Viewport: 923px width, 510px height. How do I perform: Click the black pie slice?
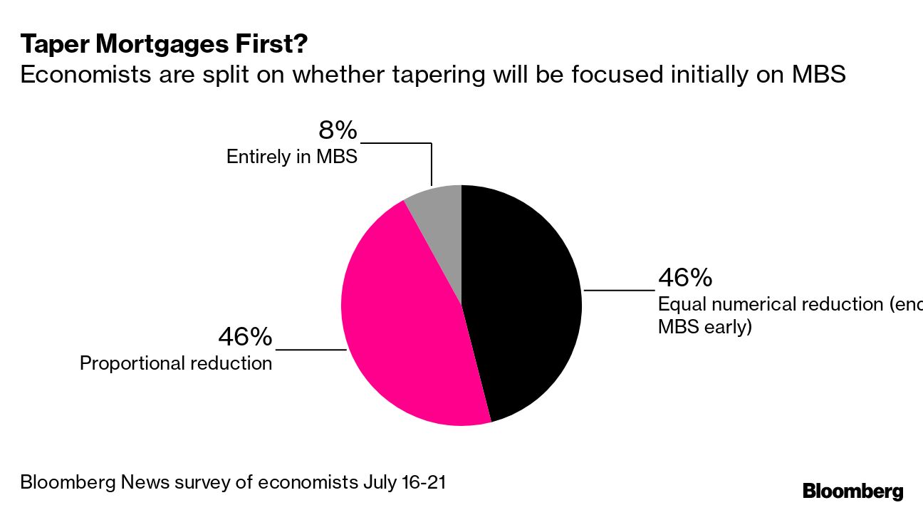[x=523, y=299]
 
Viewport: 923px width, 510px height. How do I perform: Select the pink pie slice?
[x=402, y=321]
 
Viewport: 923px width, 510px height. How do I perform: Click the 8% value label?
[x=336, y=131]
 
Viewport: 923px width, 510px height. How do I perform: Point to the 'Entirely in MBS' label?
[x=291, y=157]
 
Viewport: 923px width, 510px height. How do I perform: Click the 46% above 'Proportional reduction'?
[x=245, y=336]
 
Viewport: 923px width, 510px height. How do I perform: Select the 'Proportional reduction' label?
[x=176, y=363]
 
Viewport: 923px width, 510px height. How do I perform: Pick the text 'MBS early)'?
[x=704, y=328]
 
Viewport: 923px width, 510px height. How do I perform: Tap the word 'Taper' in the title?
[x=53, y=46]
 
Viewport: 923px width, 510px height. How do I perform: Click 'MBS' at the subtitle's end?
[x=818, y=75]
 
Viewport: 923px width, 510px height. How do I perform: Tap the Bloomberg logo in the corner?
[x=852, y=491]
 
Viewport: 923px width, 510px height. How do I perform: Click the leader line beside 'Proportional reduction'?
[x=311, y=350]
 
